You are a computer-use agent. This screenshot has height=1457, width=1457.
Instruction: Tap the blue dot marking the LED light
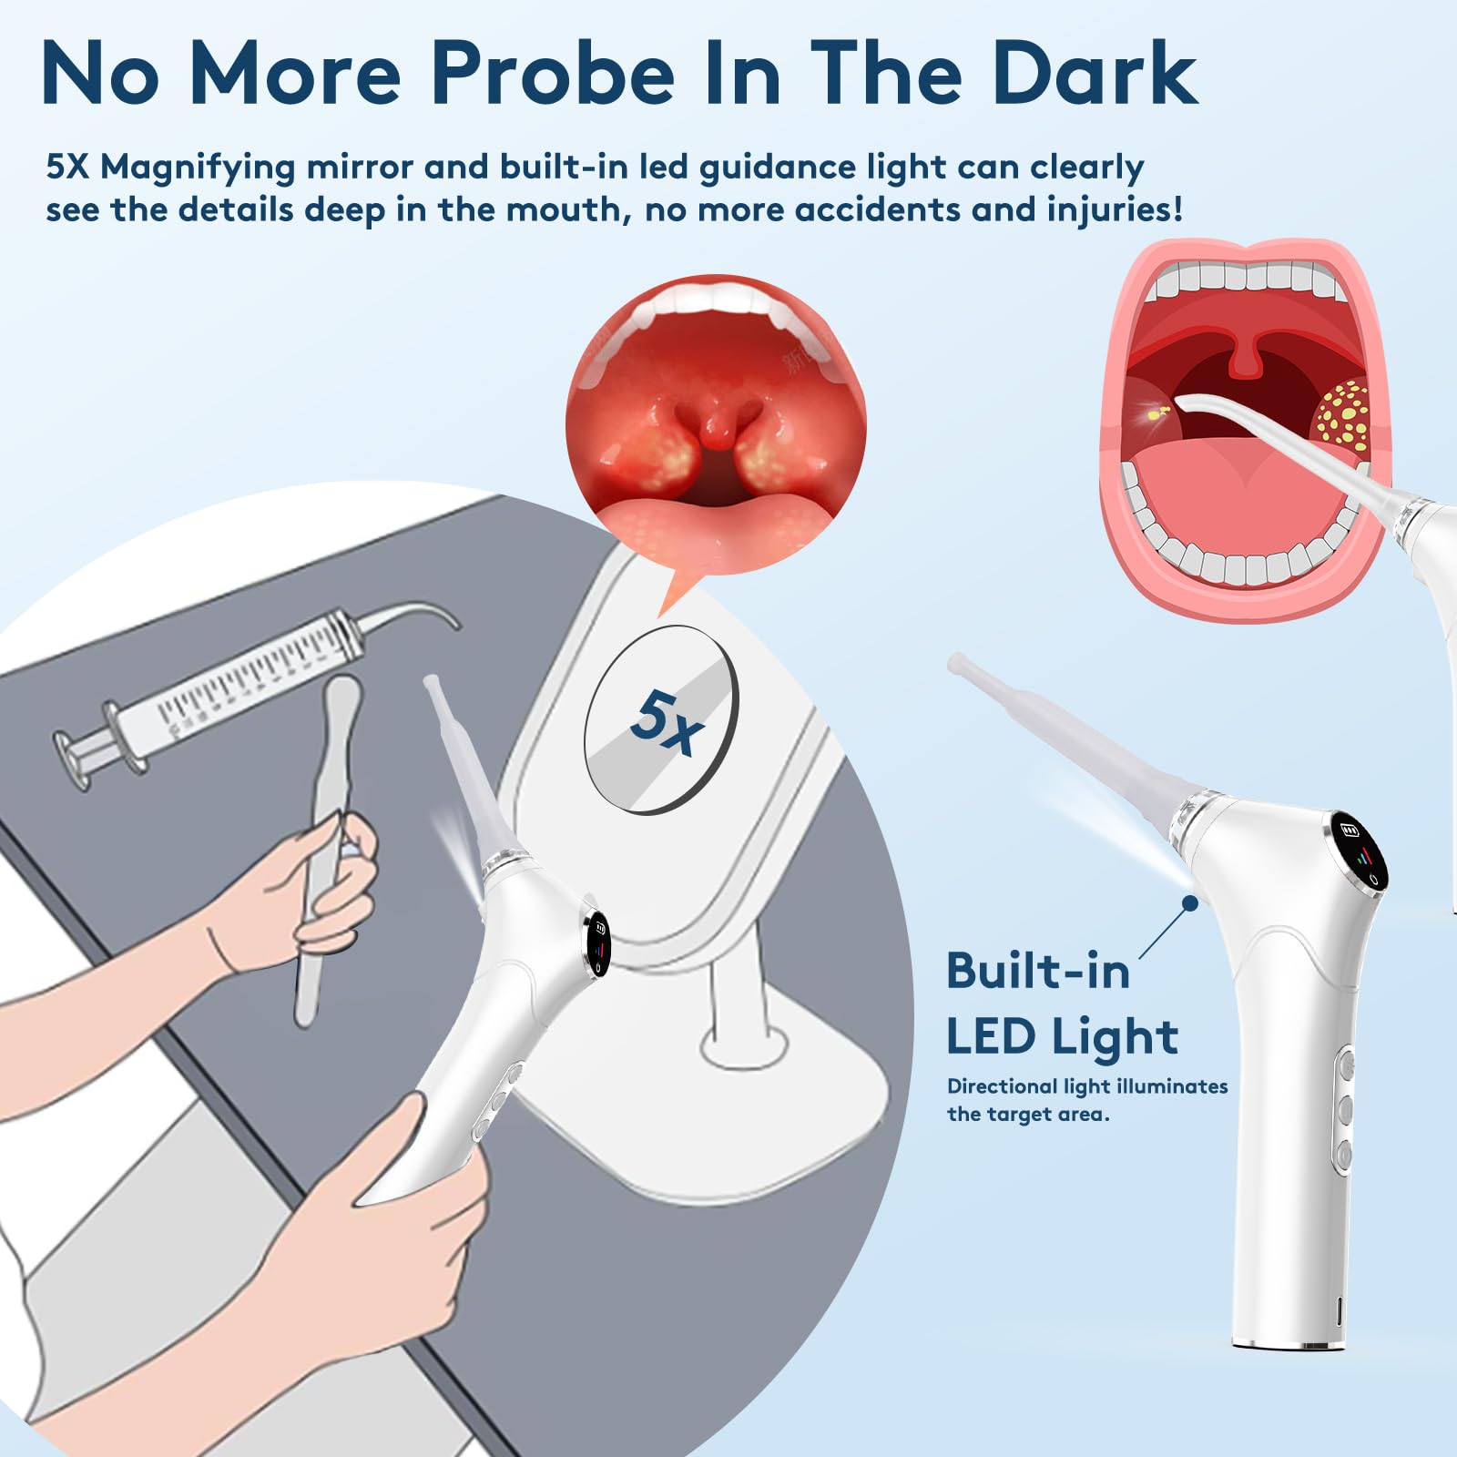[1189, 902]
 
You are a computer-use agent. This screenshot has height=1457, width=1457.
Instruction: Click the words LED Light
[1062, 1037]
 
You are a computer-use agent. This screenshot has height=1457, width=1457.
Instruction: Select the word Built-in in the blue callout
[1038, 971]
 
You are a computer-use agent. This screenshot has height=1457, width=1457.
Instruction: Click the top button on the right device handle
[1344, 1063]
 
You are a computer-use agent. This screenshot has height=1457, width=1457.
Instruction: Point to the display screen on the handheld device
[598, 944]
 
